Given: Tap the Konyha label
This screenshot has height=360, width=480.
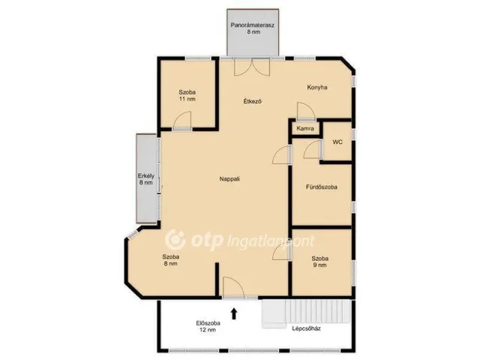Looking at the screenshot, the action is click(317, 87).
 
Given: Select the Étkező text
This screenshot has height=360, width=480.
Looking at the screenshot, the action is click(253, 101).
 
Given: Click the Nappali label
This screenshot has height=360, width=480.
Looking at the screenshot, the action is click(229, 178).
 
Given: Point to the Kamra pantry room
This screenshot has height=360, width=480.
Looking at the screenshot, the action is click(305, 128).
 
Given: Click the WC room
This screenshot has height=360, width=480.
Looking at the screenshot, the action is click(337, 141).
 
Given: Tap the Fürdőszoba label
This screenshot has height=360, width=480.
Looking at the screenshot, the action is click(322, 187).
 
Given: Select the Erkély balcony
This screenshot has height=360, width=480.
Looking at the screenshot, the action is click(147, 178).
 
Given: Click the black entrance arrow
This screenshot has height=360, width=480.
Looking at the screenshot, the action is click(234, 313).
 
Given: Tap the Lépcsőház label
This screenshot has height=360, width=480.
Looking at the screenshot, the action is click(306, 328).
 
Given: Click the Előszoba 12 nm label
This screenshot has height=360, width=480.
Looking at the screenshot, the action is click(208, 326).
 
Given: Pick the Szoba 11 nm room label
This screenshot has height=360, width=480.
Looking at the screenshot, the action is click(187, 95).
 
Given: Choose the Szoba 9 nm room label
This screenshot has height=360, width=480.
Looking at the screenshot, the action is click(320, 262).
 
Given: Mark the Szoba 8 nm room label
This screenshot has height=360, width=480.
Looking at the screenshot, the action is click(171, 260).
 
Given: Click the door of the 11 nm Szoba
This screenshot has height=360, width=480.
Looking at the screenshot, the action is click(182, 121).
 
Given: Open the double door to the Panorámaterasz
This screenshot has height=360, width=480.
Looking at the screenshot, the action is click(252, 67).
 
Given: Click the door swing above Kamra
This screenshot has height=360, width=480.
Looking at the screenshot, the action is click(306, 111).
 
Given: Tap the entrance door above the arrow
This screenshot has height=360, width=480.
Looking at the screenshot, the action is click(233, 287).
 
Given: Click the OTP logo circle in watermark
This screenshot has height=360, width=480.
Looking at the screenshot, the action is click(175, 240).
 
